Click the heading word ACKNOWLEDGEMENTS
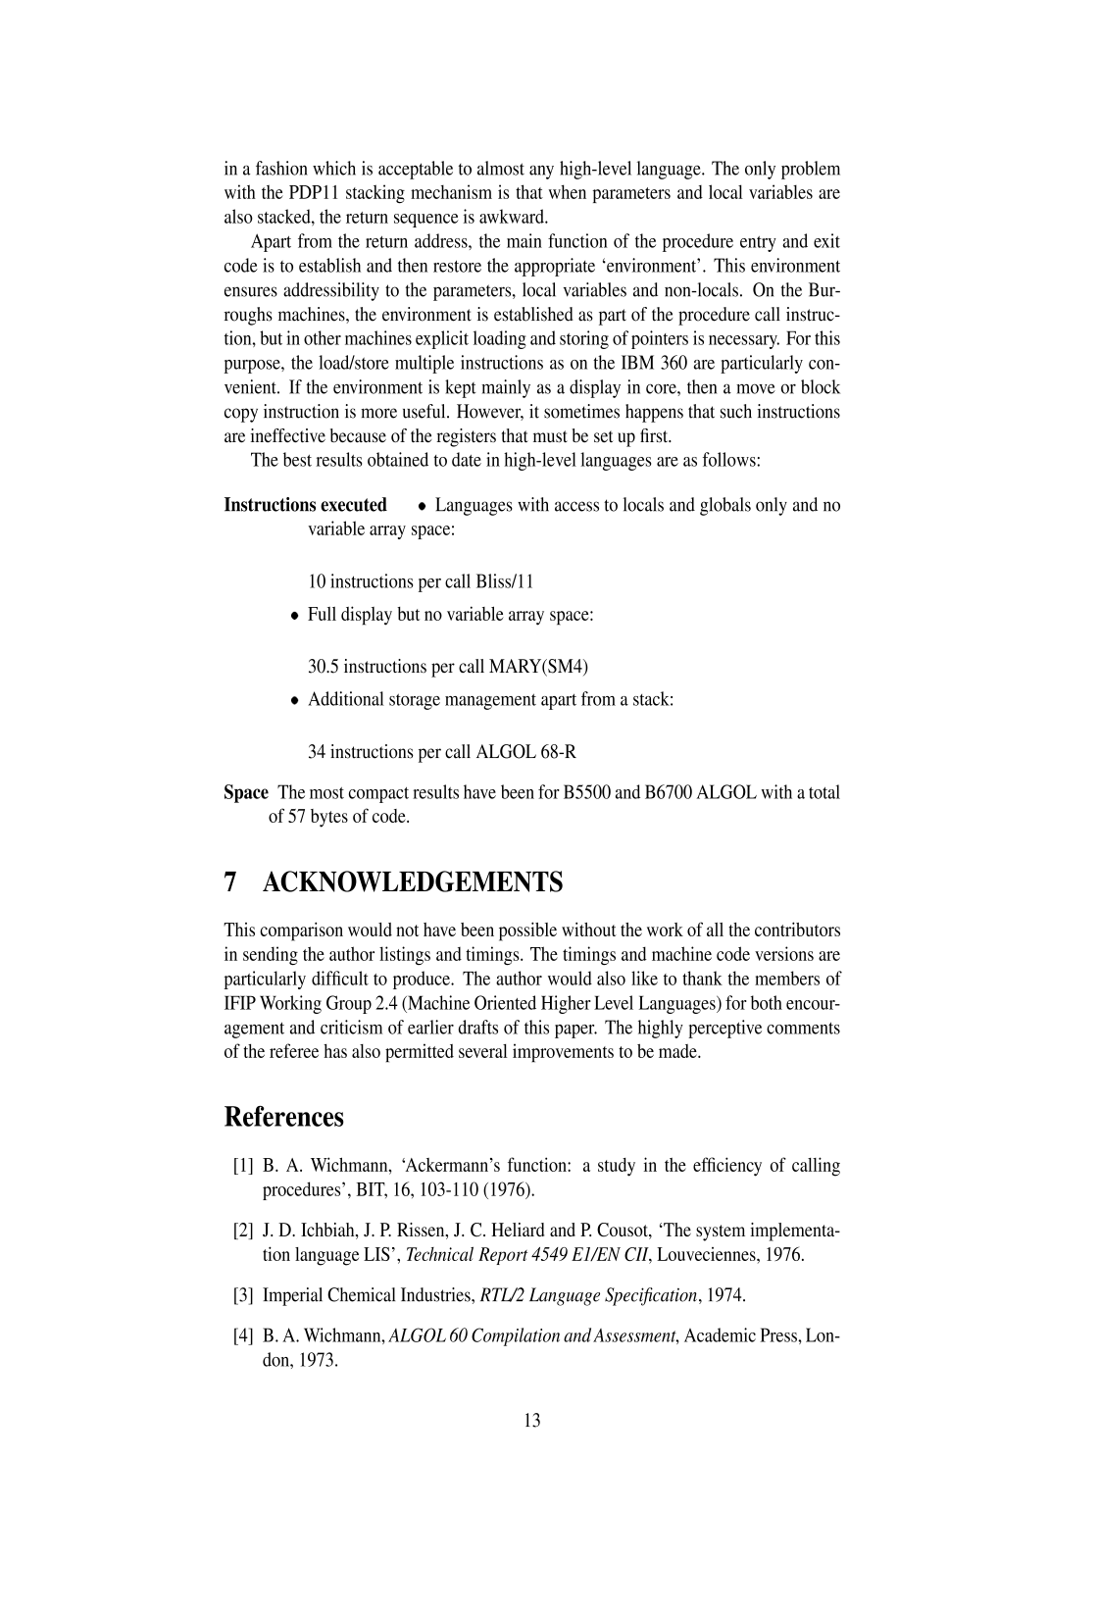(413, 882)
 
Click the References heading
(283, 1117)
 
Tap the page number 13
(532, 1420)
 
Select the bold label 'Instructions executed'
(305, 505)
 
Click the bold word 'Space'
(245, 792)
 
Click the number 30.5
(324, 667)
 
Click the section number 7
(230, 882)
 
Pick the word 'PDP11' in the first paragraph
(314, 192)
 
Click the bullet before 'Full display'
(294, 617)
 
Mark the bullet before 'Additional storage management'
(294, 702)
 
